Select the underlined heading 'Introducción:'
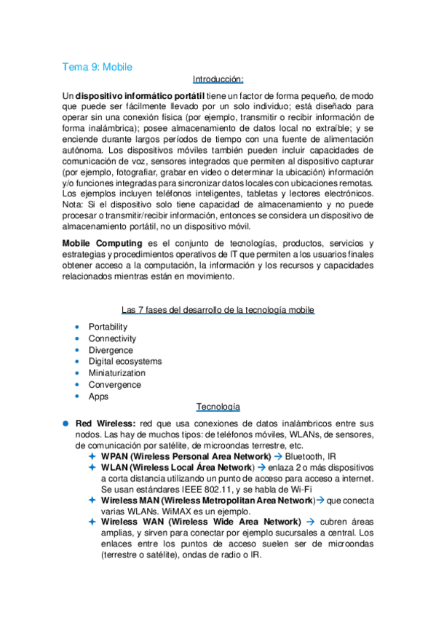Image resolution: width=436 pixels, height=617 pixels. click(218, 79)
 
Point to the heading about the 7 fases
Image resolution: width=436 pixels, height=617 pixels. click(218, 310)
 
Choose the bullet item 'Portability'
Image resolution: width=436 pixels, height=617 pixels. click(108, 327)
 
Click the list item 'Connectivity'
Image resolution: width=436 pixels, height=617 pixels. click(112, 338)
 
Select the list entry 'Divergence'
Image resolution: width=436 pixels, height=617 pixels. click(111, 350)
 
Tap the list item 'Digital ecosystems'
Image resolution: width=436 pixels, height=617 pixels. click(125, 362)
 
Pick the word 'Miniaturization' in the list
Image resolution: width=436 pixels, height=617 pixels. click(118, 373)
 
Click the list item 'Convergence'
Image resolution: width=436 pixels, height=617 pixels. click(114, 385)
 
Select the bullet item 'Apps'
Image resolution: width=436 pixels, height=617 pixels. click(98, 397)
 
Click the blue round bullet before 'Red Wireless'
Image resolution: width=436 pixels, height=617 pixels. click(65, 423)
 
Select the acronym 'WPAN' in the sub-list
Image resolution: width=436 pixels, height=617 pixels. click(115, 455)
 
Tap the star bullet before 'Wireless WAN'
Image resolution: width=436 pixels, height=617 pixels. click(92, 522)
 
